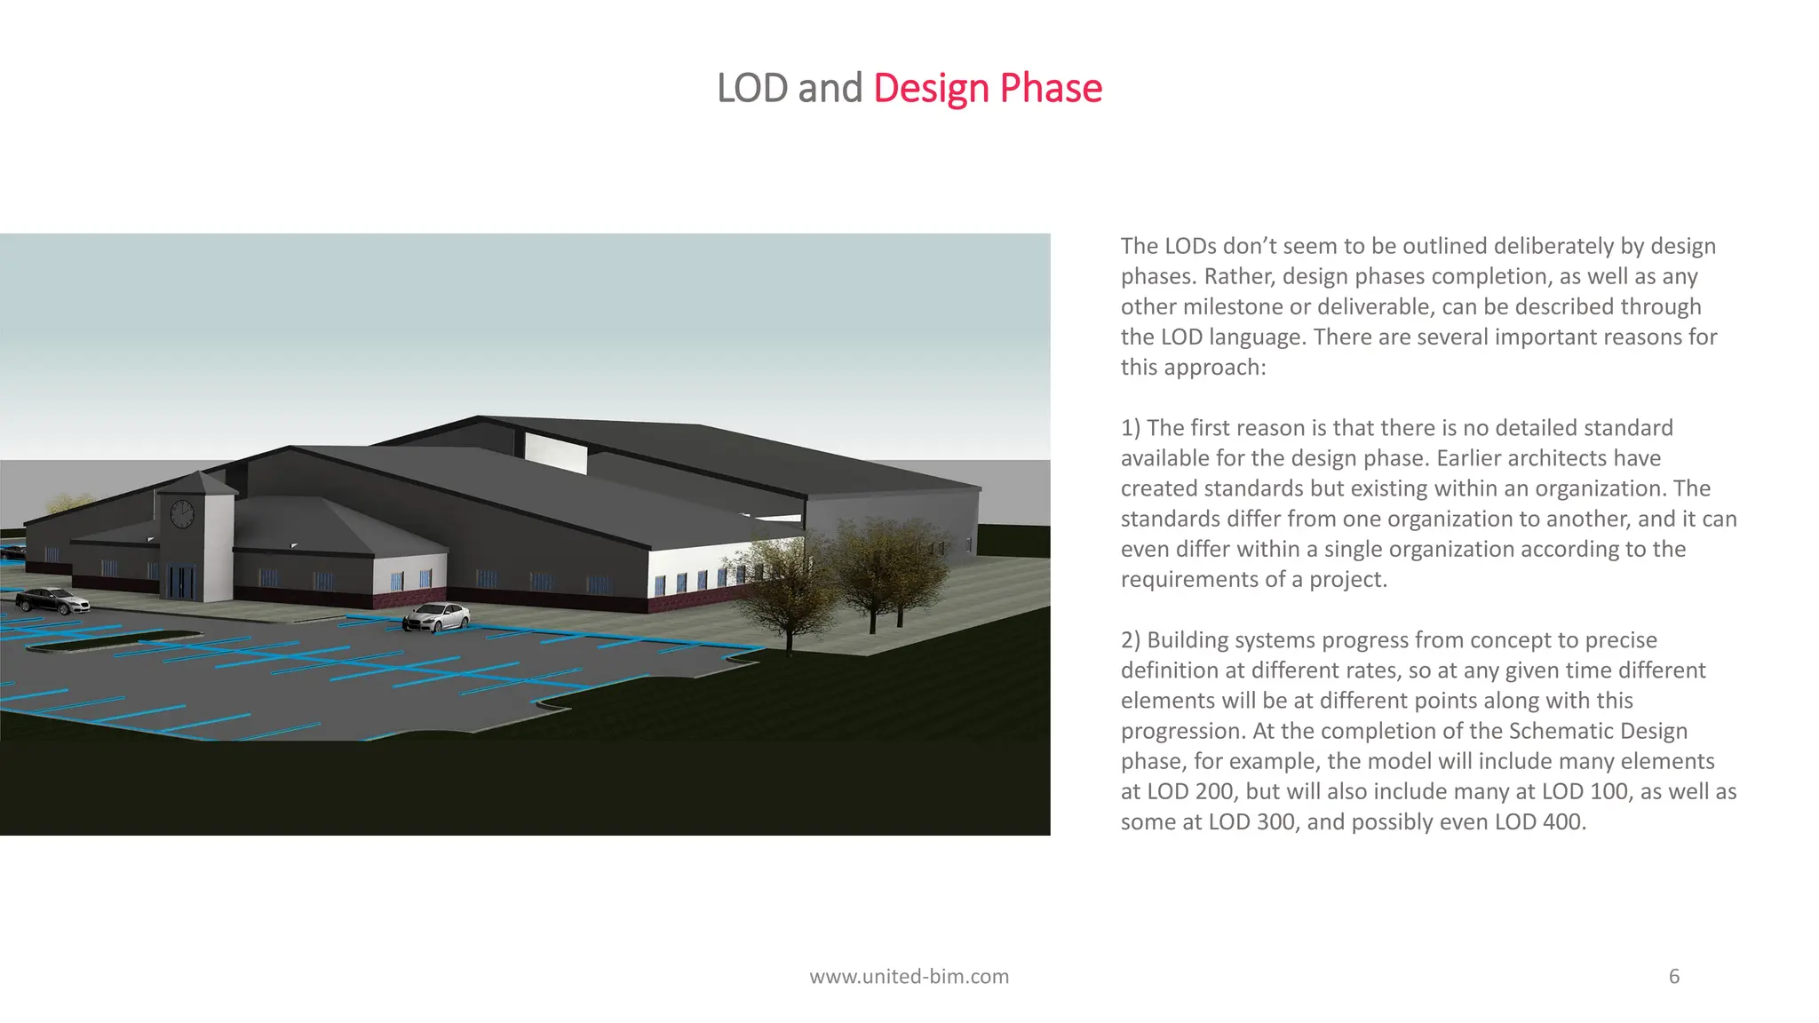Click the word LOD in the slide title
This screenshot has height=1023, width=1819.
[752, 88]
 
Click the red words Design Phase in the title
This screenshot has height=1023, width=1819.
[988, 88]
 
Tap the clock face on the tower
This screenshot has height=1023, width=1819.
[181, 514]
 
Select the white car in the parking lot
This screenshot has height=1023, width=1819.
[436, 616]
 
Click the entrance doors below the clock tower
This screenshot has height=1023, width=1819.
[181, 582]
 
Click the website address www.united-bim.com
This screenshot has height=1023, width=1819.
[909, 977]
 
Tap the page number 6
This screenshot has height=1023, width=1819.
[1674, 977]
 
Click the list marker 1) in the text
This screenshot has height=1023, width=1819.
[1131, 428]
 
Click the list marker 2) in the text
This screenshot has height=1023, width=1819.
[1131, 640]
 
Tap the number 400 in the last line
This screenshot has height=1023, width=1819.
[1561, 821]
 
